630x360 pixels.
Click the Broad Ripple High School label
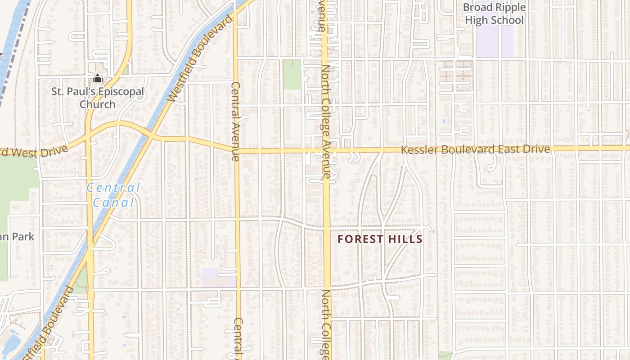pos(494,14)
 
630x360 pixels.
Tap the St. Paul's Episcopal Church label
pos(98,98)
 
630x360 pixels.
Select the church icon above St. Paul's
pos(98,79)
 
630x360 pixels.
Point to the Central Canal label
pos(113,195)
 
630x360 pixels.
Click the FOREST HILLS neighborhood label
pos(380,239)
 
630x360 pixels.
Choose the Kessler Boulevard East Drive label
pos(475,149)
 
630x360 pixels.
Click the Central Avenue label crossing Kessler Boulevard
pos(235,121)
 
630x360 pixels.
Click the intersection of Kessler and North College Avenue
pos(326,150)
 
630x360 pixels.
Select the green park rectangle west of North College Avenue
pos(292,74)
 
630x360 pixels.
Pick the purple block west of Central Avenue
pos(218,277)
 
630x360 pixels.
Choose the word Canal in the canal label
pos(113,202)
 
